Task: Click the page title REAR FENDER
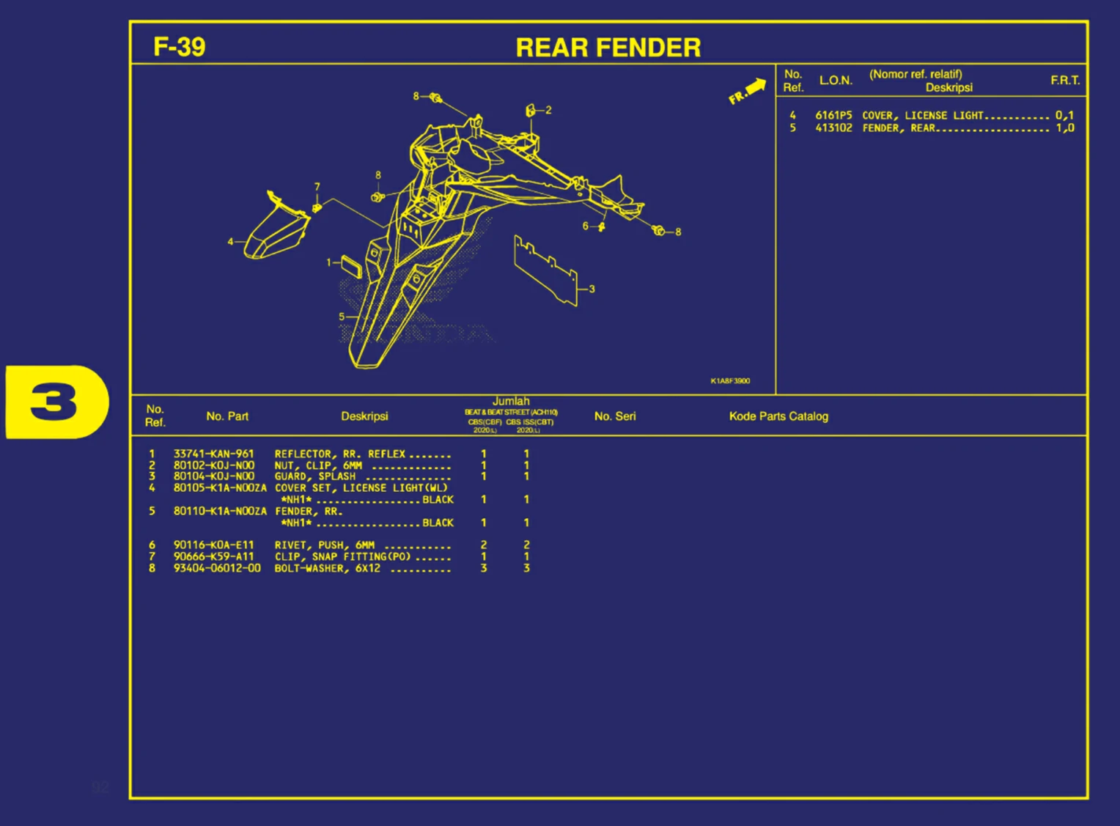click(x=608, y=48)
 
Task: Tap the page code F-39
click(x=179, y=47)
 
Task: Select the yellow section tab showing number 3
click(x=56, y=402)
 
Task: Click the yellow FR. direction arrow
click(x=748, y=91)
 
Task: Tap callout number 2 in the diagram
click(x=548, y=110)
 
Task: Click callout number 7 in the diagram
click(x=317, y=187)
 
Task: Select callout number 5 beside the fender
click(x=341, y=317)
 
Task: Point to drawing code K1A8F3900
click(x=730, y=381)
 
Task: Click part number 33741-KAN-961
click(x=213, y=454)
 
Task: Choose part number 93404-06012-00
click(x=217, y=568)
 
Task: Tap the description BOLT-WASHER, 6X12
click(x=328, y=568)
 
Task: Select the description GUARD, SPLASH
click(x=315, y=476)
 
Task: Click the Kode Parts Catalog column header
click(x=778, y=416)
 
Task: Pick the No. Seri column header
click(x=615, y=416)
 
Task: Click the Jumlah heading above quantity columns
click(x=511, y=401)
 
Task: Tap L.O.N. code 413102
click(x=833, y=128)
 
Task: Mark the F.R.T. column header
click(x=1064, y=81)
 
